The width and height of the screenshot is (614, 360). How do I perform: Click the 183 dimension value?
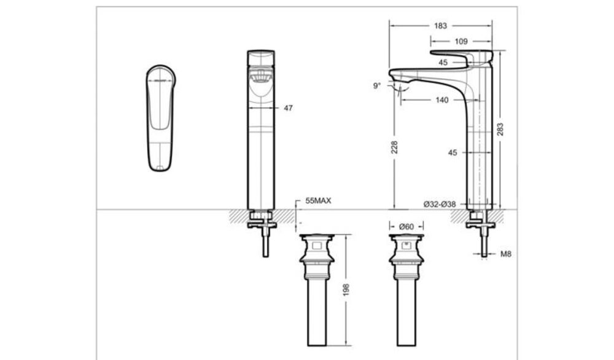pyautogui.click(x=440, y=26)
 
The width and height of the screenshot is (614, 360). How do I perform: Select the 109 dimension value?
pyautogui.click(x=461, y=42)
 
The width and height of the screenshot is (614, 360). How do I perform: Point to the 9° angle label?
pyautogui.click(x=376, y=86)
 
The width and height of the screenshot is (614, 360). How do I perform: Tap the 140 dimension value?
pyautogui.click(x=441, y=100)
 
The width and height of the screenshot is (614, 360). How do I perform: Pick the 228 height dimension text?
pyautogui.click(x=395, y=147)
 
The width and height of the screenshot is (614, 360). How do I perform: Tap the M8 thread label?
pyautogui.click(x=505, y=254)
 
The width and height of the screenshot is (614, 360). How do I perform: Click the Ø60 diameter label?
pyautogui.click(x=406, y=226)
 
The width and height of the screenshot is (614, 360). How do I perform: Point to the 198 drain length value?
pyautogui.click(x=346, y=289)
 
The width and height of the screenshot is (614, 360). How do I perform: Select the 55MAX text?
pyautogui.click(x=318, y=201)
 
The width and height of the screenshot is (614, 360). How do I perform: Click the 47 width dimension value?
pyautogui.click(x=289, y=108)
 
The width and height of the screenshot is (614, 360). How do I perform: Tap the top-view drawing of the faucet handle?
pyautogui.click(x=161, y=117)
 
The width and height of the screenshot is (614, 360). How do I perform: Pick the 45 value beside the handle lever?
pyautogui.click(x=443, y=62)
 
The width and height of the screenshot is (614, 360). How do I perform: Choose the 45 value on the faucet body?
pyautogui.click(x=453, y=153)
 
